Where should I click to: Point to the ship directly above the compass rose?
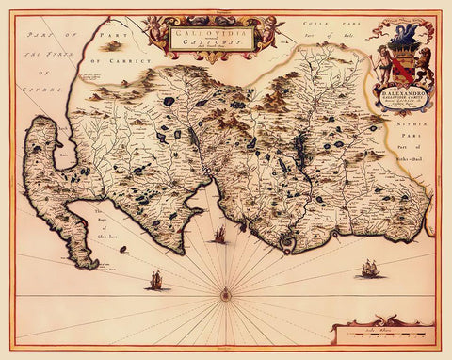point(219,235)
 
